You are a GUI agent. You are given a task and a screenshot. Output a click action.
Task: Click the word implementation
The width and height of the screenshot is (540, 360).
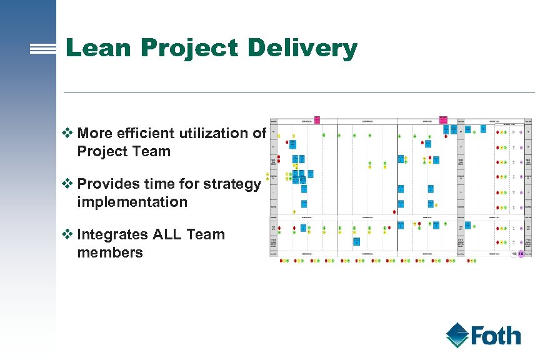coord(132,202)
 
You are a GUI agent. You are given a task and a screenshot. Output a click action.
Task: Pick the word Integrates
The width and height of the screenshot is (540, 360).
coord(113,235)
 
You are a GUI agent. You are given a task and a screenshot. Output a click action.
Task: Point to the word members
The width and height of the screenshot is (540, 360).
coord(110,253)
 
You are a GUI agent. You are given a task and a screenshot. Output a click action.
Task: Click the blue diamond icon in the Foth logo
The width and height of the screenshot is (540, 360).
coord(457,334)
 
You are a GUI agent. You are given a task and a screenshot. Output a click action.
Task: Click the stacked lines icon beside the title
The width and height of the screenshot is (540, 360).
coord(43,49)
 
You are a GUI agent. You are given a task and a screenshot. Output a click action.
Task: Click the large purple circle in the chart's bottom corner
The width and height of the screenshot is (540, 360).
coord(521,254)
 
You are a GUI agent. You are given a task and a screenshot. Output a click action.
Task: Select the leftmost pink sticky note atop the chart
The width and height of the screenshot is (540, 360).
coord(317,119)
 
